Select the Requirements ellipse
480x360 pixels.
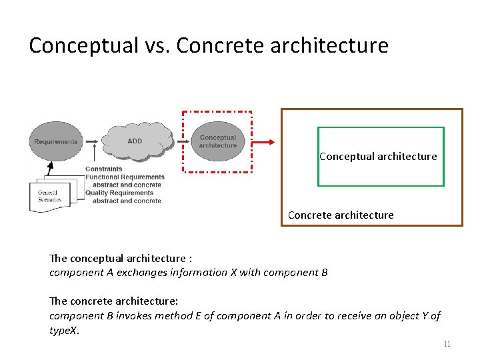(56, 141)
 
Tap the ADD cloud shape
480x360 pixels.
(135, 141)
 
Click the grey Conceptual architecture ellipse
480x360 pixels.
(218, 141)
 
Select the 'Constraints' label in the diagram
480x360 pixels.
(104, 169)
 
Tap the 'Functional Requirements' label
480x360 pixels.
(125, 177)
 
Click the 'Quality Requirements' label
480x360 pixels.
(119, 193)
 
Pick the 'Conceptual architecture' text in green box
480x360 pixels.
(378, 157)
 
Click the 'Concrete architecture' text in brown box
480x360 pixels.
(341, 215)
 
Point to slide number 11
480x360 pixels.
(447, 344)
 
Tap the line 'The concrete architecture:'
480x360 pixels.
(114, 301)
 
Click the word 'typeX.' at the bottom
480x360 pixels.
(65, 330)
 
